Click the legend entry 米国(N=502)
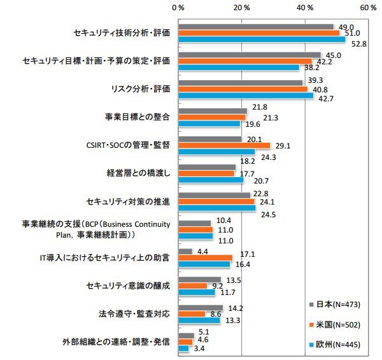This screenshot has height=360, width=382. tap(337, 324)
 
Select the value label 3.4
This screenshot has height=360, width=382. tap(199, 349)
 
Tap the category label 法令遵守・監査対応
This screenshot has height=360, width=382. tap(133, 313)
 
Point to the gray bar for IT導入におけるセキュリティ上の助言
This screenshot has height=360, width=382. tap(185, 251)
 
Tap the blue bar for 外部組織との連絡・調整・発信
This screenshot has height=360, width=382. tap(184, 349)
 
